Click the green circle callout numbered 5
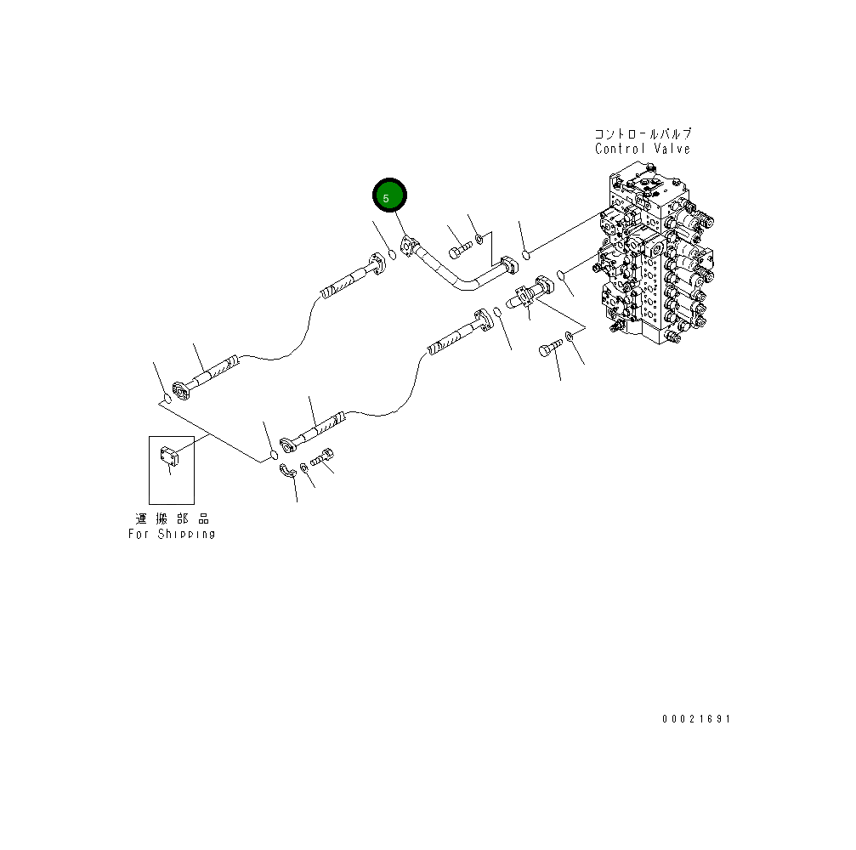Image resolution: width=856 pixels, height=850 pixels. point(390,197)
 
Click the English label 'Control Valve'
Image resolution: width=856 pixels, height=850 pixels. point(642,150)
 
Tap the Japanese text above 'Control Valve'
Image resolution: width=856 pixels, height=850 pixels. point(643,134)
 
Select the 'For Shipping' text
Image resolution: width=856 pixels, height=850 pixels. point(172,534)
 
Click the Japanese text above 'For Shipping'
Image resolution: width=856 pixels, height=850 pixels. point(172,518)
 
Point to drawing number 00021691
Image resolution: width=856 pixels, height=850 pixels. point(696,719)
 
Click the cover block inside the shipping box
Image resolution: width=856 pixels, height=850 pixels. point(169,457)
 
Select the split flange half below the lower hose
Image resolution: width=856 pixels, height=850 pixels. point(289,470)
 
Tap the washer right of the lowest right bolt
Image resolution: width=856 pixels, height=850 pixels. point(570,338)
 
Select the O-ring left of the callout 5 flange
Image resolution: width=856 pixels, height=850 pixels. point(392,252)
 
